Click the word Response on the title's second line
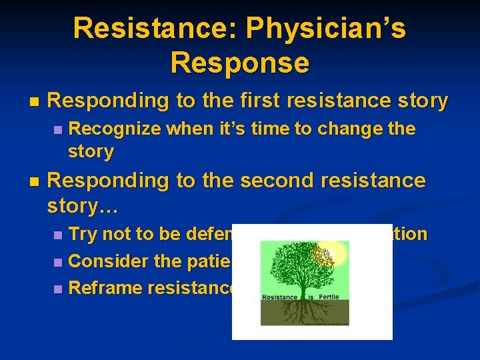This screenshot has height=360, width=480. click(240, 63)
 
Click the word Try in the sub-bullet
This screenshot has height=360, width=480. click(84, 235)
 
